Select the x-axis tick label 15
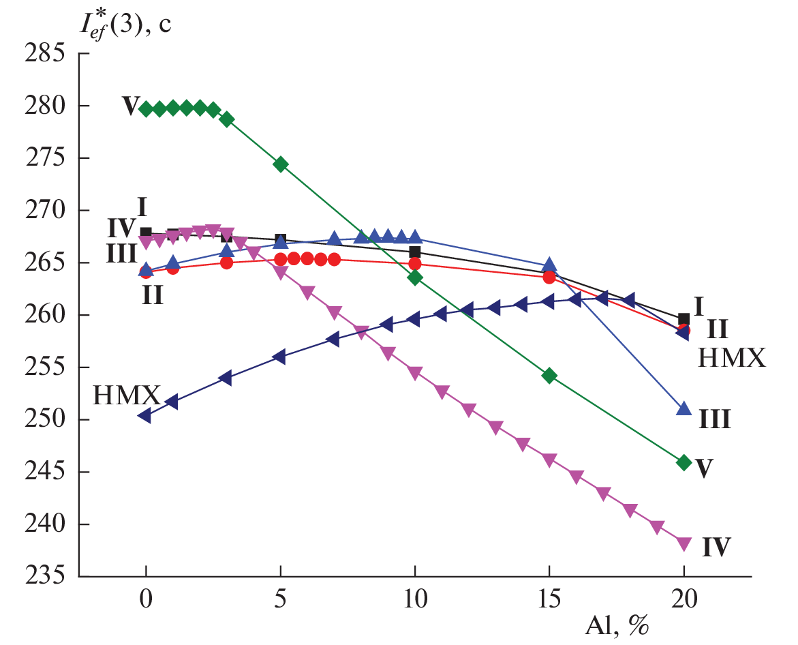coord(549,601)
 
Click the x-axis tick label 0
coord(146,601)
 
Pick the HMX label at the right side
coord(731,357)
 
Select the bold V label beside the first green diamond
coord(130,106)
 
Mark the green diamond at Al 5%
coord(280,164)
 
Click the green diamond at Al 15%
coord(549,376)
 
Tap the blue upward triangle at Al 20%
coord(684,409)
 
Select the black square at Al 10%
coord(414,252)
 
